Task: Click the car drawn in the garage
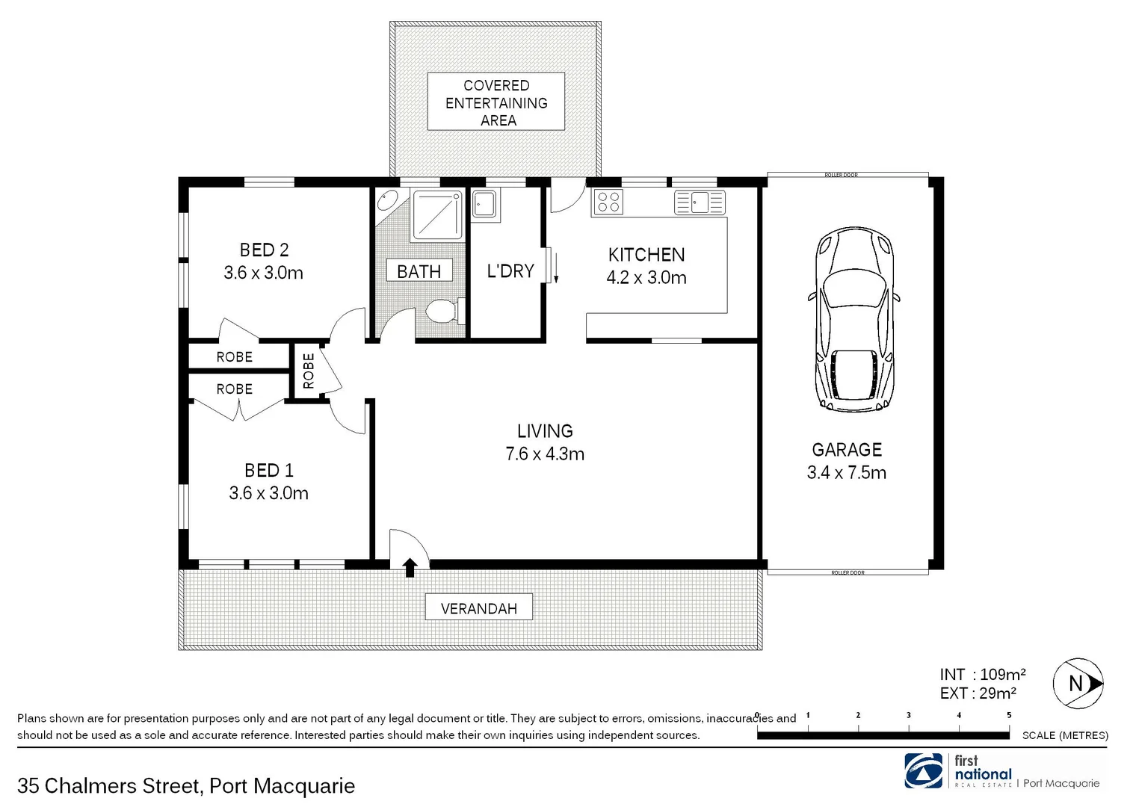853,319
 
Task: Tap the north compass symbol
1078,683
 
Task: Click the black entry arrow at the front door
410,567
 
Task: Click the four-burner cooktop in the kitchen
608,202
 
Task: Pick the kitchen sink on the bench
700,202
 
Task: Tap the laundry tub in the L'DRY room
484,205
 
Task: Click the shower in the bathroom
437,215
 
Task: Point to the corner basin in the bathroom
387,202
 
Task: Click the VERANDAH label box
479,608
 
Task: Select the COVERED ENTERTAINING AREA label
496,102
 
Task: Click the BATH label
419,271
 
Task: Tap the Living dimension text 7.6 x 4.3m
545,454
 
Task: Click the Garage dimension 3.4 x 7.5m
847,473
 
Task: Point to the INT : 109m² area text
982,675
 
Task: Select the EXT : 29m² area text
978,693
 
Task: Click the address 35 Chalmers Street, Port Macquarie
186,786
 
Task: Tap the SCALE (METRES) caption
1065,735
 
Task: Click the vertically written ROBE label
308,371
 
